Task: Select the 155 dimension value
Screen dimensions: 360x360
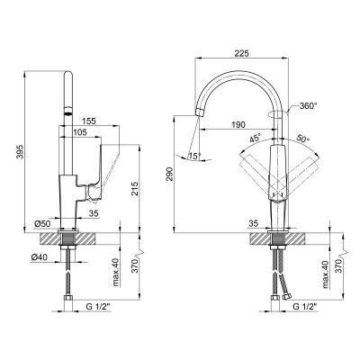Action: [x=89, y=121]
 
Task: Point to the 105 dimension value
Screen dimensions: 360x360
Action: [x=79, y=132]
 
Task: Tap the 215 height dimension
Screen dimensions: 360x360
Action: [x=135, y=189]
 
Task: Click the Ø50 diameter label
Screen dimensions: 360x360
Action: [x=42, y=223]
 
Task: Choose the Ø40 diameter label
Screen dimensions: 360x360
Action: [x=39, y=257]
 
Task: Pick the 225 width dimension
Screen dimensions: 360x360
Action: [x=242, y=53]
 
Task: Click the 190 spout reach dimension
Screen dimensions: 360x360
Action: [x=238, y=124]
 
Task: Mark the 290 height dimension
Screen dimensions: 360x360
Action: [x=169, y=175]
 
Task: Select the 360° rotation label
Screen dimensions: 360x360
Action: [x=308, y=105]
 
